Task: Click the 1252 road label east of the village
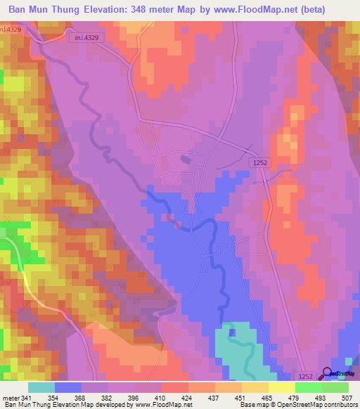pyautogui.click(x=259, y=162)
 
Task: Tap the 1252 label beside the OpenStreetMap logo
pyautogui.click(x=303, y=376)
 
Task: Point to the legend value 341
pyautogui.click(x=27, y=398)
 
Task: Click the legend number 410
pyautogui.click(x=161, y=398)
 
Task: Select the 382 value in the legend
pyautogui.click(x=107, y=398)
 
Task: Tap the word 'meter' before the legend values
pyautogui.click(x=11, y=398)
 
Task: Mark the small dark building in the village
pyautogui.click(x=185, y=160)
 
